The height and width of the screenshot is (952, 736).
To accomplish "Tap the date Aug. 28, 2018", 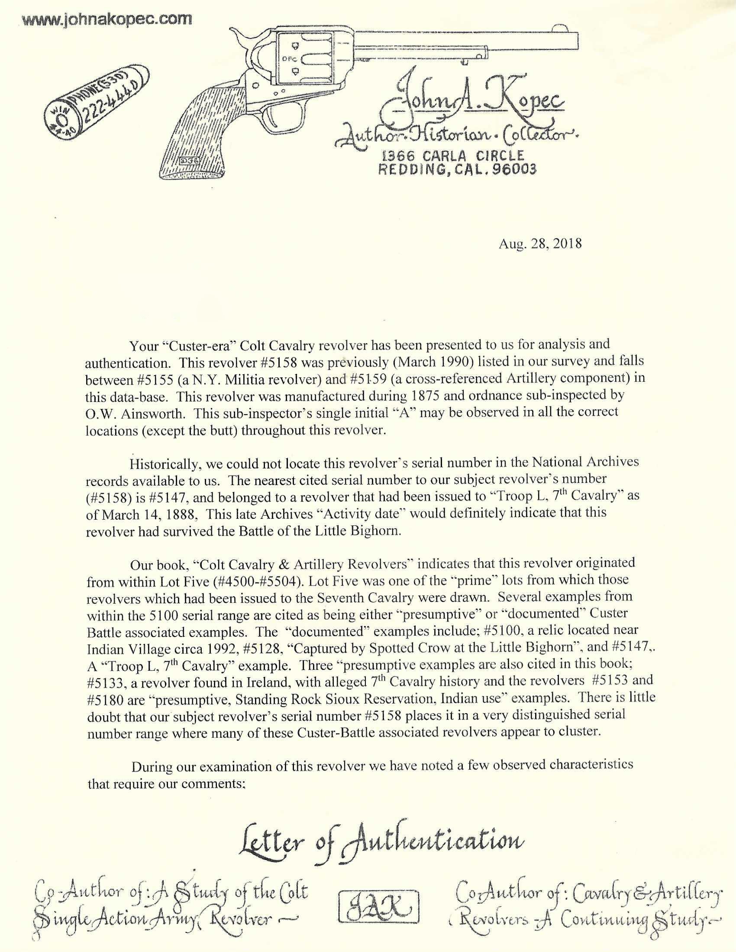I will pyautogui.click(x=540, y=243).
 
